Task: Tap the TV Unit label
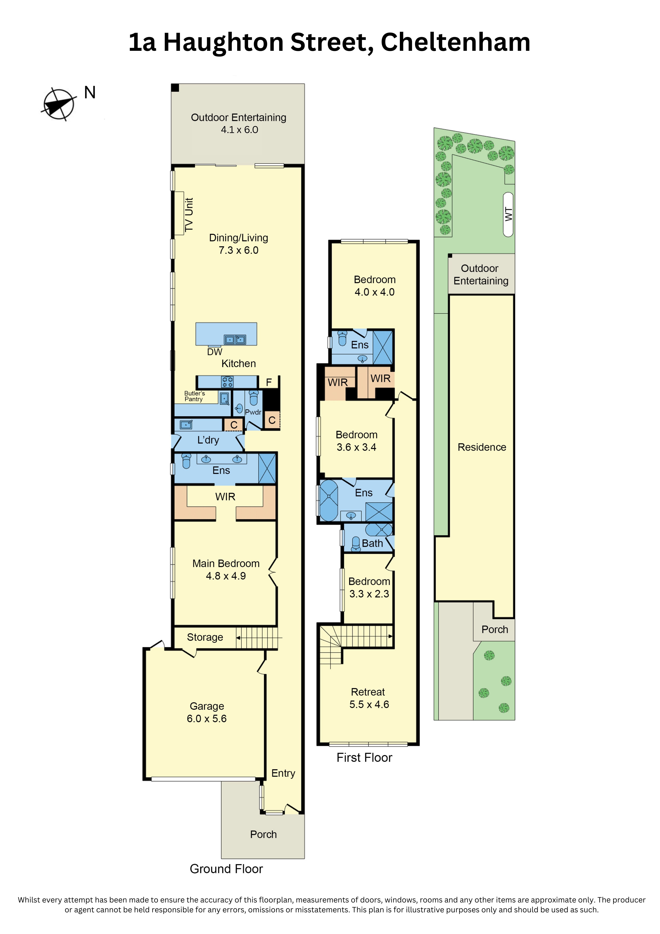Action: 189,215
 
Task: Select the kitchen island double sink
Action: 235,339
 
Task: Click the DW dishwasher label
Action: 215,352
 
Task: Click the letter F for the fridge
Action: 269,382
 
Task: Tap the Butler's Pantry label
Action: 194,396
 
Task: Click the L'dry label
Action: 208,440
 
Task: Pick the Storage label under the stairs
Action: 205,638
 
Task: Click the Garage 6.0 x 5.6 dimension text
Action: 207,719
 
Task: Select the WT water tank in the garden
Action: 508,214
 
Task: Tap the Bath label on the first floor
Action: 372,544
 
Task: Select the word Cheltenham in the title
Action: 455,42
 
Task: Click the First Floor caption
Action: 364,758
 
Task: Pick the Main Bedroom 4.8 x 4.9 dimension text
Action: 226,576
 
